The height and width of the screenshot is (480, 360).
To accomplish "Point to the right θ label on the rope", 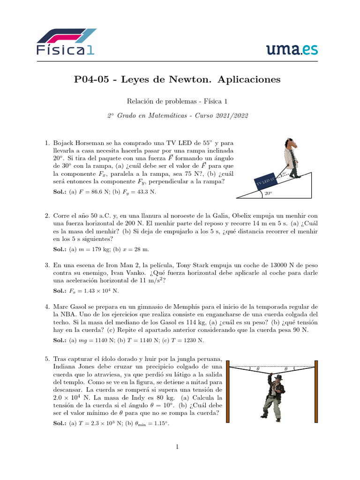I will pyautogui.click(x=286, y=369).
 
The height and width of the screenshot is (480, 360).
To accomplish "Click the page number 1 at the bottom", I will pyautogui.click(x=178, y=447).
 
